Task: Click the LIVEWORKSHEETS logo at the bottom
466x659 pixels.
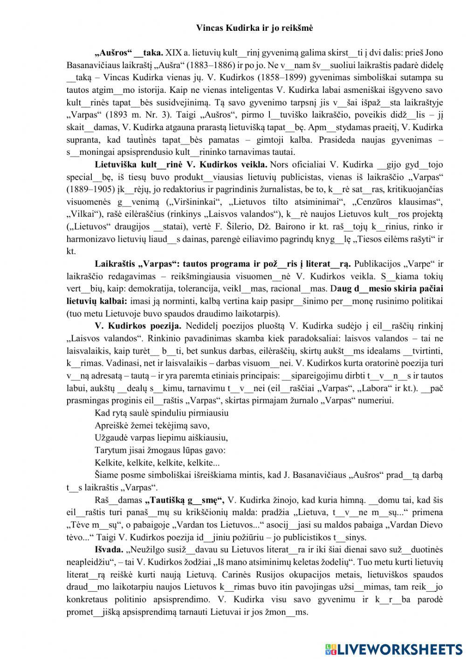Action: pyautogui.click(x=394, y=649)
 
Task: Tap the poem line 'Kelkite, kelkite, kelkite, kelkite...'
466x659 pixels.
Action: pyautogui.click(x=157, y=463)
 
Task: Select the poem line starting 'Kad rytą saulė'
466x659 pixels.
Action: pyautogui.click(x=161, y=413)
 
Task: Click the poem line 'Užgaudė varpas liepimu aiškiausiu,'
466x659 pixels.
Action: pyautogui.click(x=161, y=437)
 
